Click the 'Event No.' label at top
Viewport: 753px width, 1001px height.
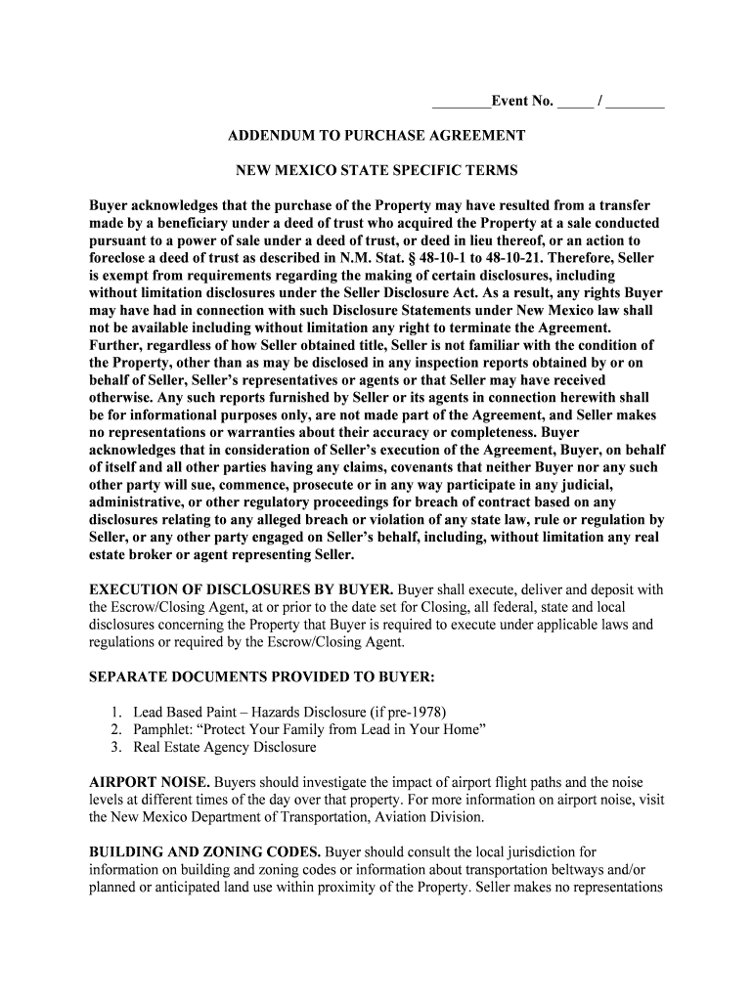(522, 102)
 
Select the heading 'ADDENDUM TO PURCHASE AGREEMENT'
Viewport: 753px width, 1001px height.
(376, 136)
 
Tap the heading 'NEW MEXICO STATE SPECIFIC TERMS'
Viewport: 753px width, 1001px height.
(376, 170)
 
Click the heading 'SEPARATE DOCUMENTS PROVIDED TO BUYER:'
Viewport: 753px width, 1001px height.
(262, 676)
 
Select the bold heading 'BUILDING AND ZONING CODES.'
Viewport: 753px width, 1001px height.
(205, 851)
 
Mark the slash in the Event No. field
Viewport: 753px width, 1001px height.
(599, 102)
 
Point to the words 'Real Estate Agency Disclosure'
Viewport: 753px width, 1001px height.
(225, 748)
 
